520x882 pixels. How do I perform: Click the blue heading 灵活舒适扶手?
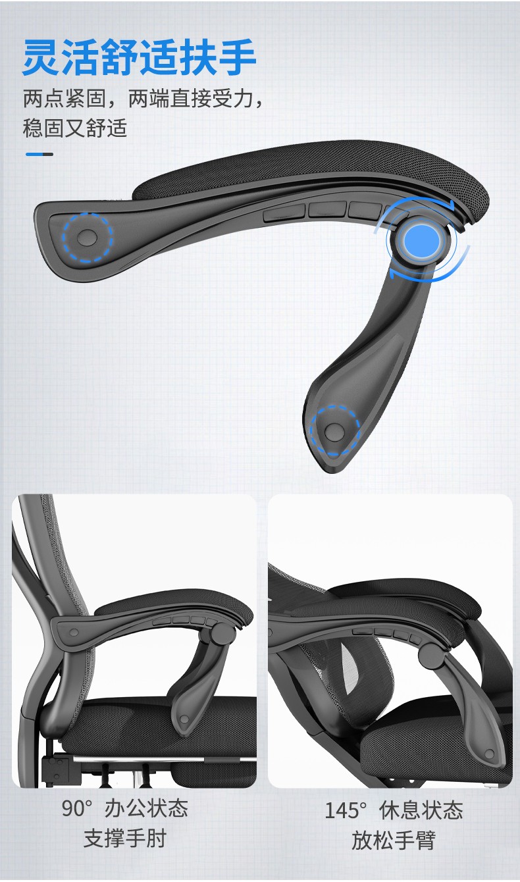[x=140, y=57]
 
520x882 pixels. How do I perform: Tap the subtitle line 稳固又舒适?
[x=75, y=128]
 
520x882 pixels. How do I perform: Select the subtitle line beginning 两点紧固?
[x=142, y=99]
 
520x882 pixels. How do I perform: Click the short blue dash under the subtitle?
[x=39, y=154]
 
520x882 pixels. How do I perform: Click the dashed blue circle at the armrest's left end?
[x=88, y=238]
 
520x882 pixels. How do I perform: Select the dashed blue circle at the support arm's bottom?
[x=334, y=431]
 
